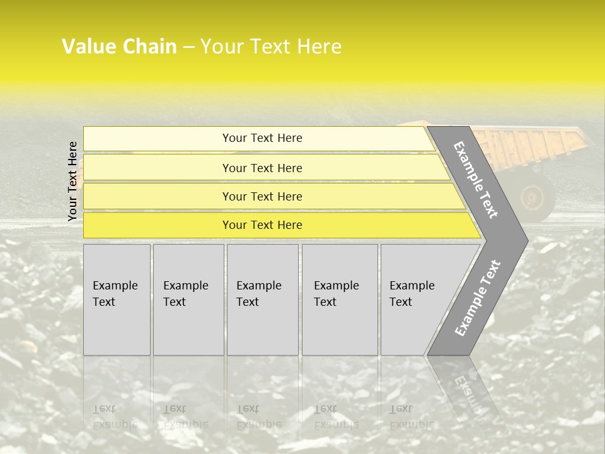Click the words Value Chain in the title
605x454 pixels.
coord(119,47)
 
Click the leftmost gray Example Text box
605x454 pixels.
coord(117,300)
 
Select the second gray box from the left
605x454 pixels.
coord(188,300)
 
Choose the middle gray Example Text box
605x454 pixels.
coord(262,300)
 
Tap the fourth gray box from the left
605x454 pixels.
coord(339,300)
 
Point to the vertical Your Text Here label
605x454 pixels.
coord(72,181)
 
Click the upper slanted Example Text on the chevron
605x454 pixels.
coord(476,180)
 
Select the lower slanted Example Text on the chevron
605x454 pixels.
coord(477,298)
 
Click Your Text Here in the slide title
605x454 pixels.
coord(271,47)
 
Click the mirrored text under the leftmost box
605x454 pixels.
coord(115,417)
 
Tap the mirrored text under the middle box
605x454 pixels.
coord(258,417)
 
